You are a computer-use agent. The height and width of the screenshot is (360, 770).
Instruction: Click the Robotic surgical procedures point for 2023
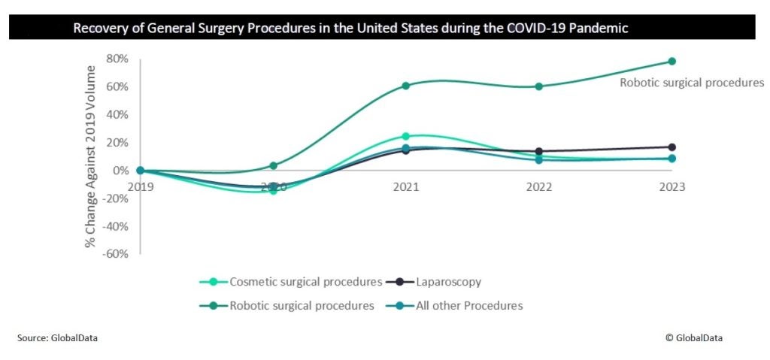(x=671, y=62)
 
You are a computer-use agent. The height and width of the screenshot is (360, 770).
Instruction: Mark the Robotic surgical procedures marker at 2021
(x=406, y=86)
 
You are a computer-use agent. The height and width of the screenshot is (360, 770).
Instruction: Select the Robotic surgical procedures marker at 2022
(x=539, y=86)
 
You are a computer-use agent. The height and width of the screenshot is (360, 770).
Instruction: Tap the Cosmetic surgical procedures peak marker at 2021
(x=406, y=137)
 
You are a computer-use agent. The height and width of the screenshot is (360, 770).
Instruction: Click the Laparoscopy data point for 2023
(x=671, y=147)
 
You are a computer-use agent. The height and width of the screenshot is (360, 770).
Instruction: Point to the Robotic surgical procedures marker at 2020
(x=273, y=166)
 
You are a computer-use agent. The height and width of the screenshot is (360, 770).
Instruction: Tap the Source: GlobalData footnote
(x=57, y=339)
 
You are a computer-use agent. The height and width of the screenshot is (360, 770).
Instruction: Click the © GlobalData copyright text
(x=693, y=339)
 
